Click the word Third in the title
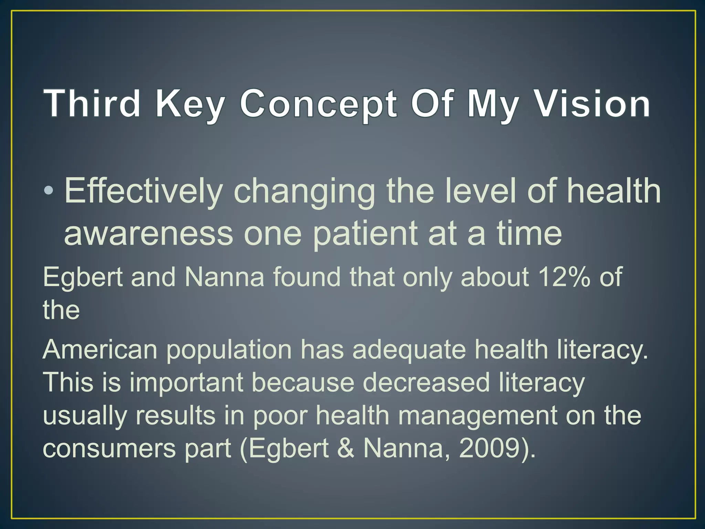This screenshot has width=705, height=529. tap(92, 103)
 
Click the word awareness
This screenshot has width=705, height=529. tap(148, 234)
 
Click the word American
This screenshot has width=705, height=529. tap(100, 350)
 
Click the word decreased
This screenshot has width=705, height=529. tap(426, 382)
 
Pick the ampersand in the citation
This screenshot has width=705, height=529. tap(346, 448)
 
